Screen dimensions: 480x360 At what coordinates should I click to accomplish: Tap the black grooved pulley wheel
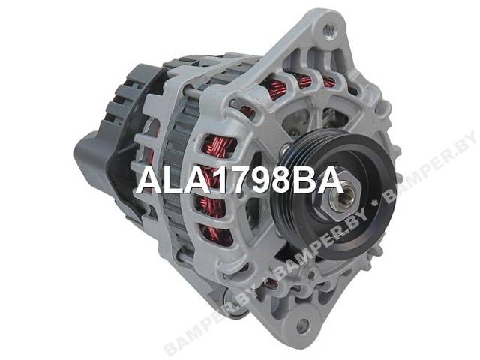(x=331, y=196)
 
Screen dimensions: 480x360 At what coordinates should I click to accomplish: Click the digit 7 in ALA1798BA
(x=236, y=181)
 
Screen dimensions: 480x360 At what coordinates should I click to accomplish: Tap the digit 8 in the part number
(x=282, y=181)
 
